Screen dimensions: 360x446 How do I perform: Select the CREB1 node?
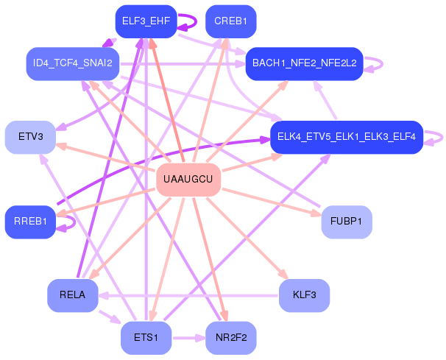[x=230, y=21]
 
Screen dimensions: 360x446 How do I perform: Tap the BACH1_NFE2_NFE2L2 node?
[x=304, y=63]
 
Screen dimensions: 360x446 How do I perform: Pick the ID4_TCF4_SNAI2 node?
[x=72, y=63]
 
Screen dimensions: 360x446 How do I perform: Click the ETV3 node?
[x=30, y=137]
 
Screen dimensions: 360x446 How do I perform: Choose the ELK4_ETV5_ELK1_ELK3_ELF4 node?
[x=345, y=137]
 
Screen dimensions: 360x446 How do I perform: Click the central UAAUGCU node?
[x=188, y=180]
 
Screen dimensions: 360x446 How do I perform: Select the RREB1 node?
[x=30, y=222]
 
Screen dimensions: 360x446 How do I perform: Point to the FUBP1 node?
[x=346, y=222]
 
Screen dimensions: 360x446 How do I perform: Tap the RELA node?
[x=72, y=295]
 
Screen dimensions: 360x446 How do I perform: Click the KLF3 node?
[x=304, y=295]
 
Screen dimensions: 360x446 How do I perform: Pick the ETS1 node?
[x=145, y=338]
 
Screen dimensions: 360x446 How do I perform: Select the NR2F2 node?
[x=230, y=338]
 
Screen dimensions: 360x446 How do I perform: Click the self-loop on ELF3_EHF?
[x=188, y=21]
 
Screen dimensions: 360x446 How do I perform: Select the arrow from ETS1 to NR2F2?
[x=188, y=338]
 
